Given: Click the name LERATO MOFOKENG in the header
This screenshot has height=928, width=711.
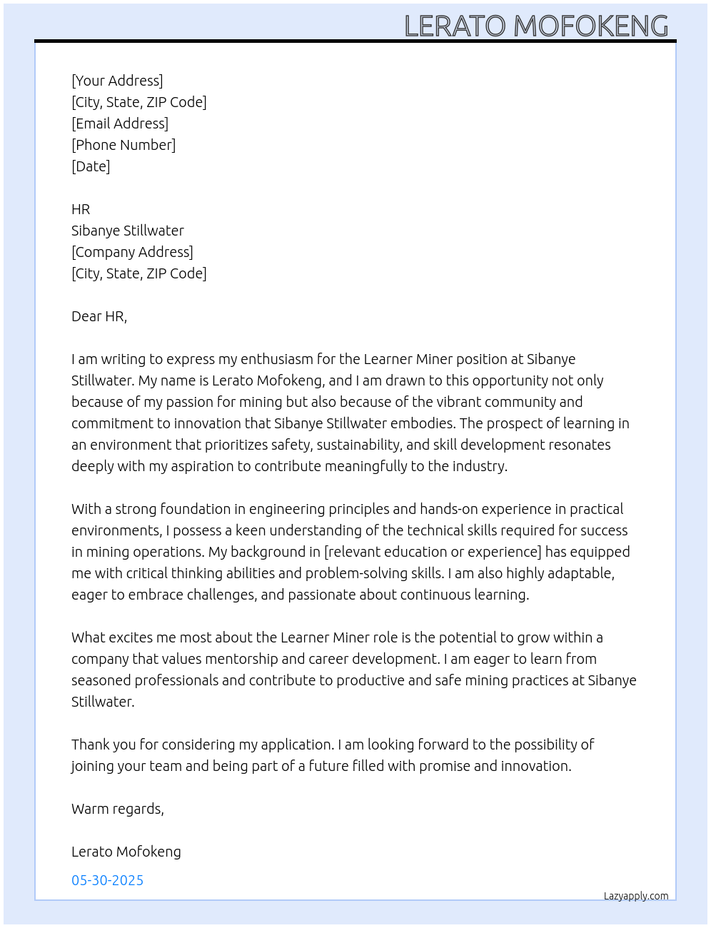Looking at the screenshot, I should (x=536, y=26).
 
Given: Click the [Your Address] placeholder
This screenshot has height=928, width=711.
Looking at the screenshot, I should (x=117, y=81).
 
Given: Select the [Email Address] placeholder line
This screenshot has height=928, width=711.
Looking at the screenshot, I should (x=120, y=123).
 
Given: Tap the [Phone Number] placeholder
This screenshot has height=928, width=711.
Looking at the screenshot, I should (x=123, y=145).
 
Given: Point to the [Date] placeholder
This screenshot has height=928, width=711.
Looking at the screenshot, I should (x=91, y=166).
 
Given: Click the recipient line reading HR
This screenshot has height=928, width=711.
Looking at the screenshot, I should (x=81, y=209).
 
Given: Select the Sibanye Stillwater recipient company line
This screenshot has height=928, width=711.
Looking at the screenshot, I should (x=128, y=231).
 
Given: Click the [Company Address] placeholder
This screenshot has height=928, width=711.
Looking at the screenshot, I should (x=132, y=252).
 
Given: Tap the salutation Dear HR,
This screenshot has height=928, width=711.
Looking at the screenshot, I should (x=99, y=316).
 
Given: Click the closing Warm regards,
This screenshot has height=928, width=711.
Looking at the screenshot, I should (x=118, y=809).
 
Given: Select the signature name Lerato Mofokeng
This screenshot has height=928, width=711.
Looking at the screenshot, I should (x=126, y=852).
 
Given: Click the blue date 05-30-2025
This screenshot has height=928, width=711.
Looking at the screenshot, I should (x=108, y=880).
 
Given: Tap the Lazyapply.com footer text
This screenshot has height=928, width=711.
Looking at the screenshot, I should (x=636, y=896).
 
